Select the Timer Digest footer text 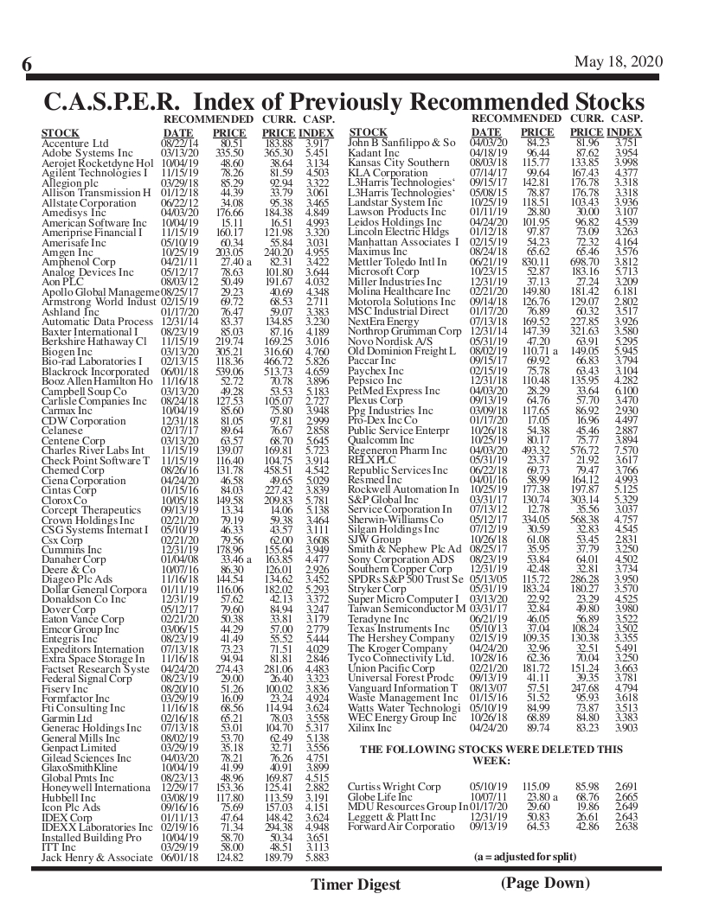tap(356, 884)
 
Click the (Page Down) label tap(545, 882)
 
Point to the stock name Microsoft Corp tap(383, 271)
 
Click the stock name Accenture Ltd tap(75, 143)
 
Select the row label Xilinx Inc tap(369, 728)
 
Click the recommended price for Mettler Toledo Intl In tap(536, 261)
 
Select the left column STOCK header tap(60, 132)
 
